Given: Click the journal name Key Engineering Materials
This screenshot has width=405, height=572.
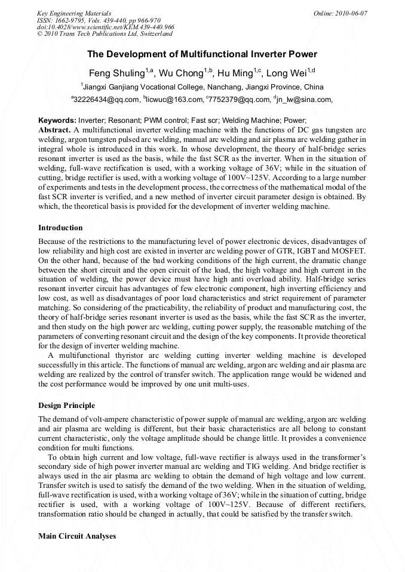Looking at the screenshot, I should [x=74, y=13].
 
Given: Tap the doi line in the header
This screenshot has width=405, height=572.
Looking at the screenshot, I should [x=106, y=27].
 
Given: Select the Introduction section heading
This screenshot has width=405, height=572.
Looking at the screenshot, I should [x=60, y=228].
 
